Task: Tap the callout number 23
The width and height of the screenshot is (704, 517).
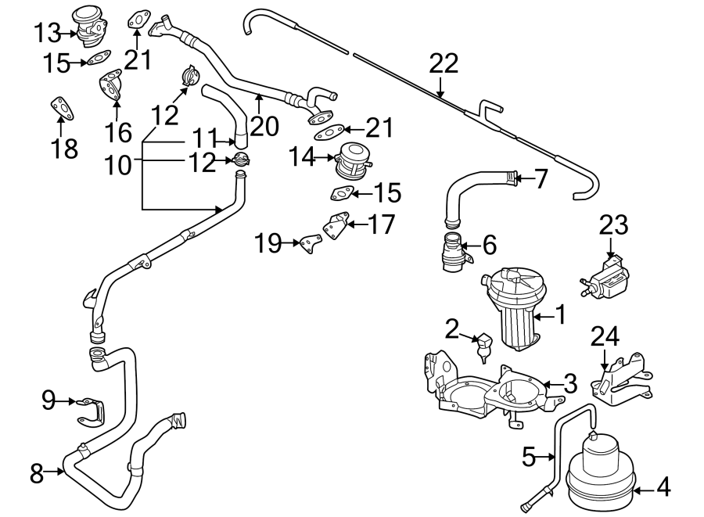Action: pos(612,225)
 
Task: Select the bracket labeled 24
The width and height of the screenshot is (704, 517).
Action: pos(622,382)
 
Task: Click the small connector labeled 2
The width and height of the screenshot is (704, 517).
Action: pos(483,346)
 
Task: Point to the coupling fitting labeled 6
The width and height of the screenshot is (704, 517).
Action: pos(454,251)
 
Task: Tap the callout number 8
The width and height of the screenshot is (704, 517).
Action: pos(36,472)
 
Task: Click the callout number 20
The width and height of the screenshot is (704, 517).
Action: pos(264,125)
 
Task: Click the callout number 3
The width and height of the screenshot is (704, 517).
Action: pos(570,383)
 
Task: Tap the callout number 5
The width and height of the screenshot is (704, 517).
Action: pos(530,455)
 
